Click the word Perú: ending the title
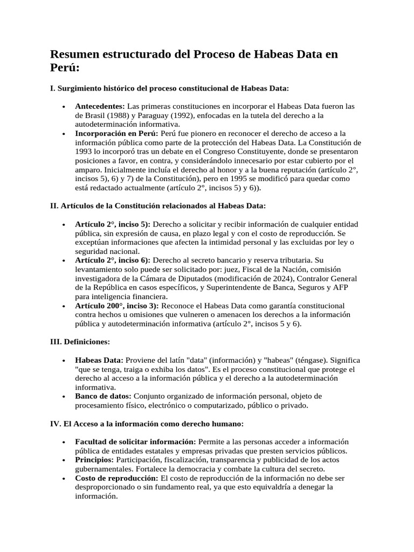point(65,69)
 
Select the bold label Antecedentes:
point(100,106)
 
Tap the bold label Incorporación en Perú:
point(117,133)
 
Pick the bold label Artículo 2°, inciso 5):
point(113,224)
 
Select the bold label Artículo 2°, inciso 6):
point(113,260)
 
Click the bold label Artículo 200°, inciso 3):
point(118,306)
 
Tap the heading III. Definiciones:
point(80,342)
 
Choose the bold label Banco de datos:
point(103,396)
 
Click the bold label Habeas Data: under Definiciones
point(99,360)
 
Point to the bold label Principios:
point(94,460)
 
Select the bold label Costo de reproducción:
point(117,478)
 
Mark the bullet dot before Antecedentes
point(64,107)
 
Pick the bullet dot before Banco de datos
point(64,397)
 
